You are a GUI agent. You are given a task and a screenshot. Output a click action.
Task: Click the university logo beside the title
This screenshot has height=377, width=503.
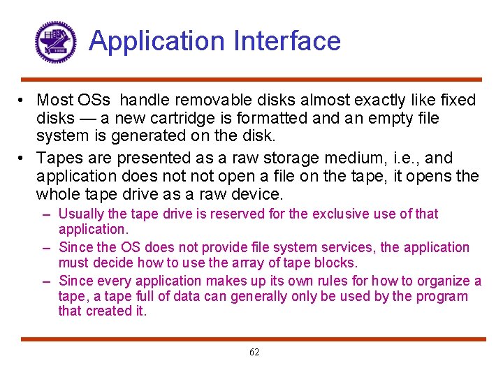point(54,42)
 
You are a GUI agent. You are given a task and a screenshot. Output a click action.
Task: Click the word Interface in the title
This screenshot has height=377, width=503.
point(287,41)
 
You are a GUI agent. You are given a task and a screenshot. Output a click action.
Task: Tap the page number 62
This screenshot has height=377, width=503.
point(254,353)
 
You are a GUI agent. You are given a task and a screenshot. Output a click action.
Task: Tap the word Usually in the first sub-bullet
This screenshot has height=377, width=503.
point(82,214)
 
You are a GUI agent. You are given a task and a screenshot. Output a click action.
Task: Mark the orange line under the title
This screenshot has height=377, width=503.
point(251,80)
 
